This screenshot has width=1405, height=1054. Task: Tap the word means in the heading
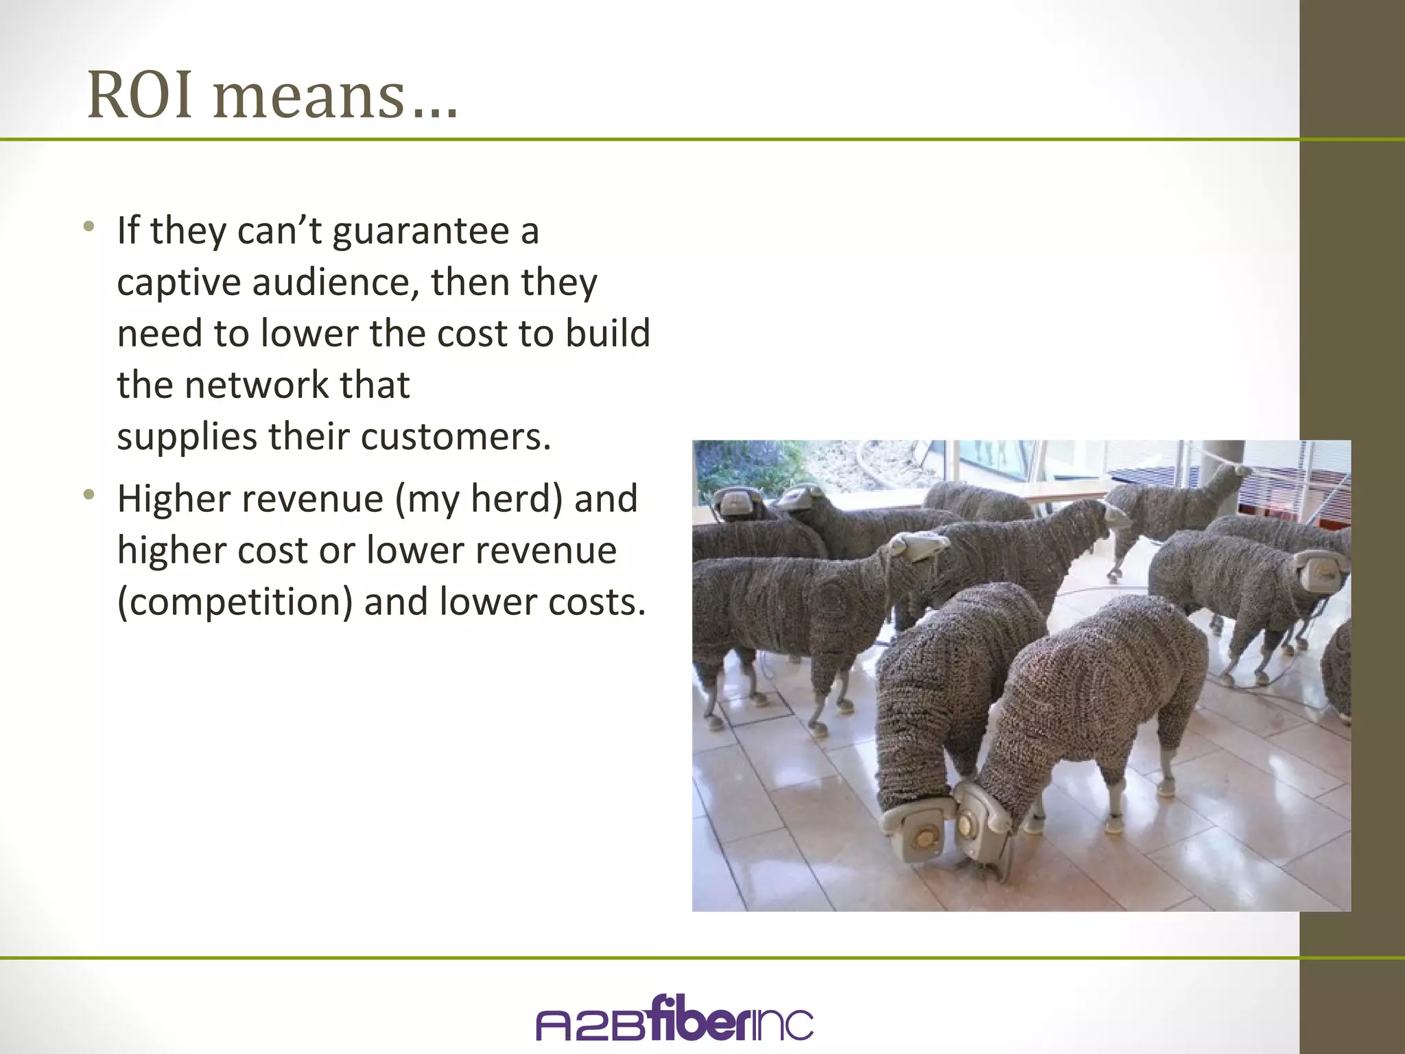pos(309,96)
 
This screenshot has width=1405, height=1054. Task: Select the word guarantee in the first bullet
pos(421,231)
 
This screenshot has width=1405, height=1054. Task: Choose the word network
pos(257,384)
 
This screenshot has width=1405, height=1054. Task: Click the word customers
pos(456,436)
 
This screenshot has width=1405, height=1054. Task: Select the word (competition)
pos(235,602)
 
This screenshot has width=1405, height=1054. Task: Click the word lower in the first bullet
pos(309,333)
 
